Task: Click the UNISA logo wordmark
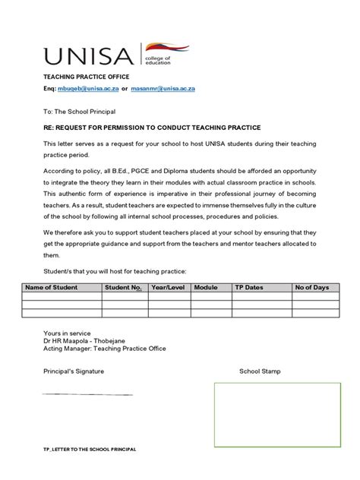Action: (89, 55)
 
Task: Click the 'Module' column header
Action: (205, 288)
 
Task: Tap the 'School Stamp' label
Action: (260, 371)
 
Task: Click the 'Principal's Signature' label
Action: (73, 371)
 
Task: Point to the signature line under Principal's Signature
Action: (87, 394)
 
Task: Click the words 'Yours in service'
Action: (67, 333)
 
